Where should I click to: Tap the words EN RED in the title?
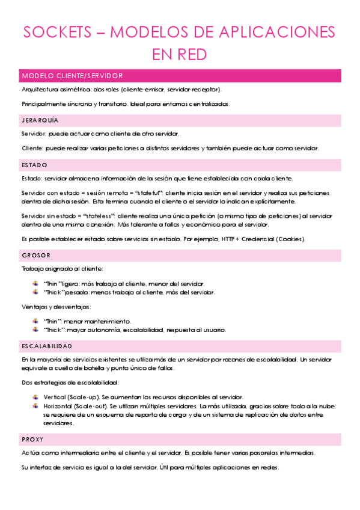pyautogui.click(x=180, y=55)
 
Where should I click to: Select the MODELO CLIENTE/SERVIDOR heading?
pyautogui.click(x=72, y=76)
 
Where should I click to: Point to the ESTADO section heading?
pyautogui.click(x=34, y=165)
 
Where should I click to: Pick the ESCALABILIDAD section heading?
pyautogui.click(x=47, y=346)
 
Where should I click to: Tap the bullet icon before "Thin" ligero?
pyautogui.click(x=37, y=283)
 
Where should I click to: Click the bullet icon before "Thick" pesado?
pyautogui.click(x=37, y=292)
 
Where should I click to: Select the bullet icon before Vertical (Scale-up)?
pyautogui.click(x=37, y=397)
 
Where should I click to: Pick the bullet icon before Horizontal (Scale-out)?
pyautogui.click(x=37, y=406)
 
